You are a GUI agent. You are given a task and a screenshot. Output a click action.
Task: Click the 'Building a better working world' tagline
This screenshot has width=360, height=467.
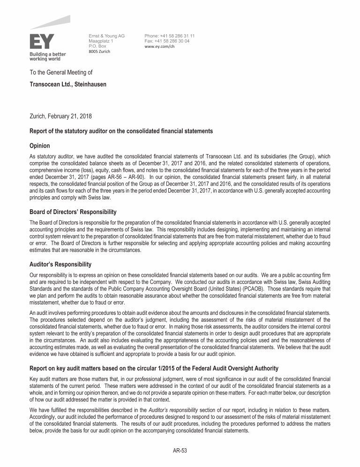click(x=48, y=57)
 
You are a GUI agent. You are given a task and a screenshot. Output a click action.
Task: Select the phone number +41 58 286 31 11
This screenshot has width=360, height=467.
click(x=170, y=36)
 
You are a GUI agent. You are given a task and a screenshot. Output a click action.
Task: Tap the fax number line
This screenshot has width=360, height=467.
click(x=167, y=41)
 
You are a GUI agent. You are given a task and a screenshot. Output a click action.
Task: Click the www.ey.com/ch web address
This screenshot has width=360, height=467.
click(x=159, y=46)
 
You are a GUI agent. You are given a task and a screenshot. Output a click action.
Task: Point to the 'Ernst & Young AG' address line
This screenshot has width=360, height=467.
click(x=106, y=36)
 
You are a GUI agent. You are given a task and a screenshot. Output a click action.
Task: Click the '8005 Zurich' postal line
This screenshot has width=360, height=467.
click(x=99, y=52)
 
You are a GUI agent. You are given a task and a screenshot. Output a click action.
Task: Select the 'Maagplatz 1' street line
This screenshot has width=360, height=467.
click(x=101, y=41)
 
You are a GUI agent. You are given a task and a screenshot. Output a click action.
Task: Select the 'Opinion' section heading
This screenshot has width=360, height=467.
click(x=40, y=146)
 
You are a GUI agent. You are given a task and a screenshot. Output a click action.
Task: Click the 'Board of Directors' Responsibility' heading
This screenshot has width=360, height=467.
click(x=73, y=212)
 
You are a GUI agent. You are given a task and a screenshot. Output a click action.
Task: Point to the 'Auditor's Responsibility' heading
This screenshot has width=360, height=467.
click(x=60, y=265)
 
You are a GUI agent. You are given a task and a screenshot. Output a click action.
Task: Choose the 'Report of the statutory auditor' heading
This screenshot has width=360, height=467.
click(x=121, y=131)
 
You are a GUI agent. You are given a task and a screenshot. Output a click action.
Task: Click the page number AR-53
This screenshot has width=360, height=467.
click(x=180, y=451)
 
